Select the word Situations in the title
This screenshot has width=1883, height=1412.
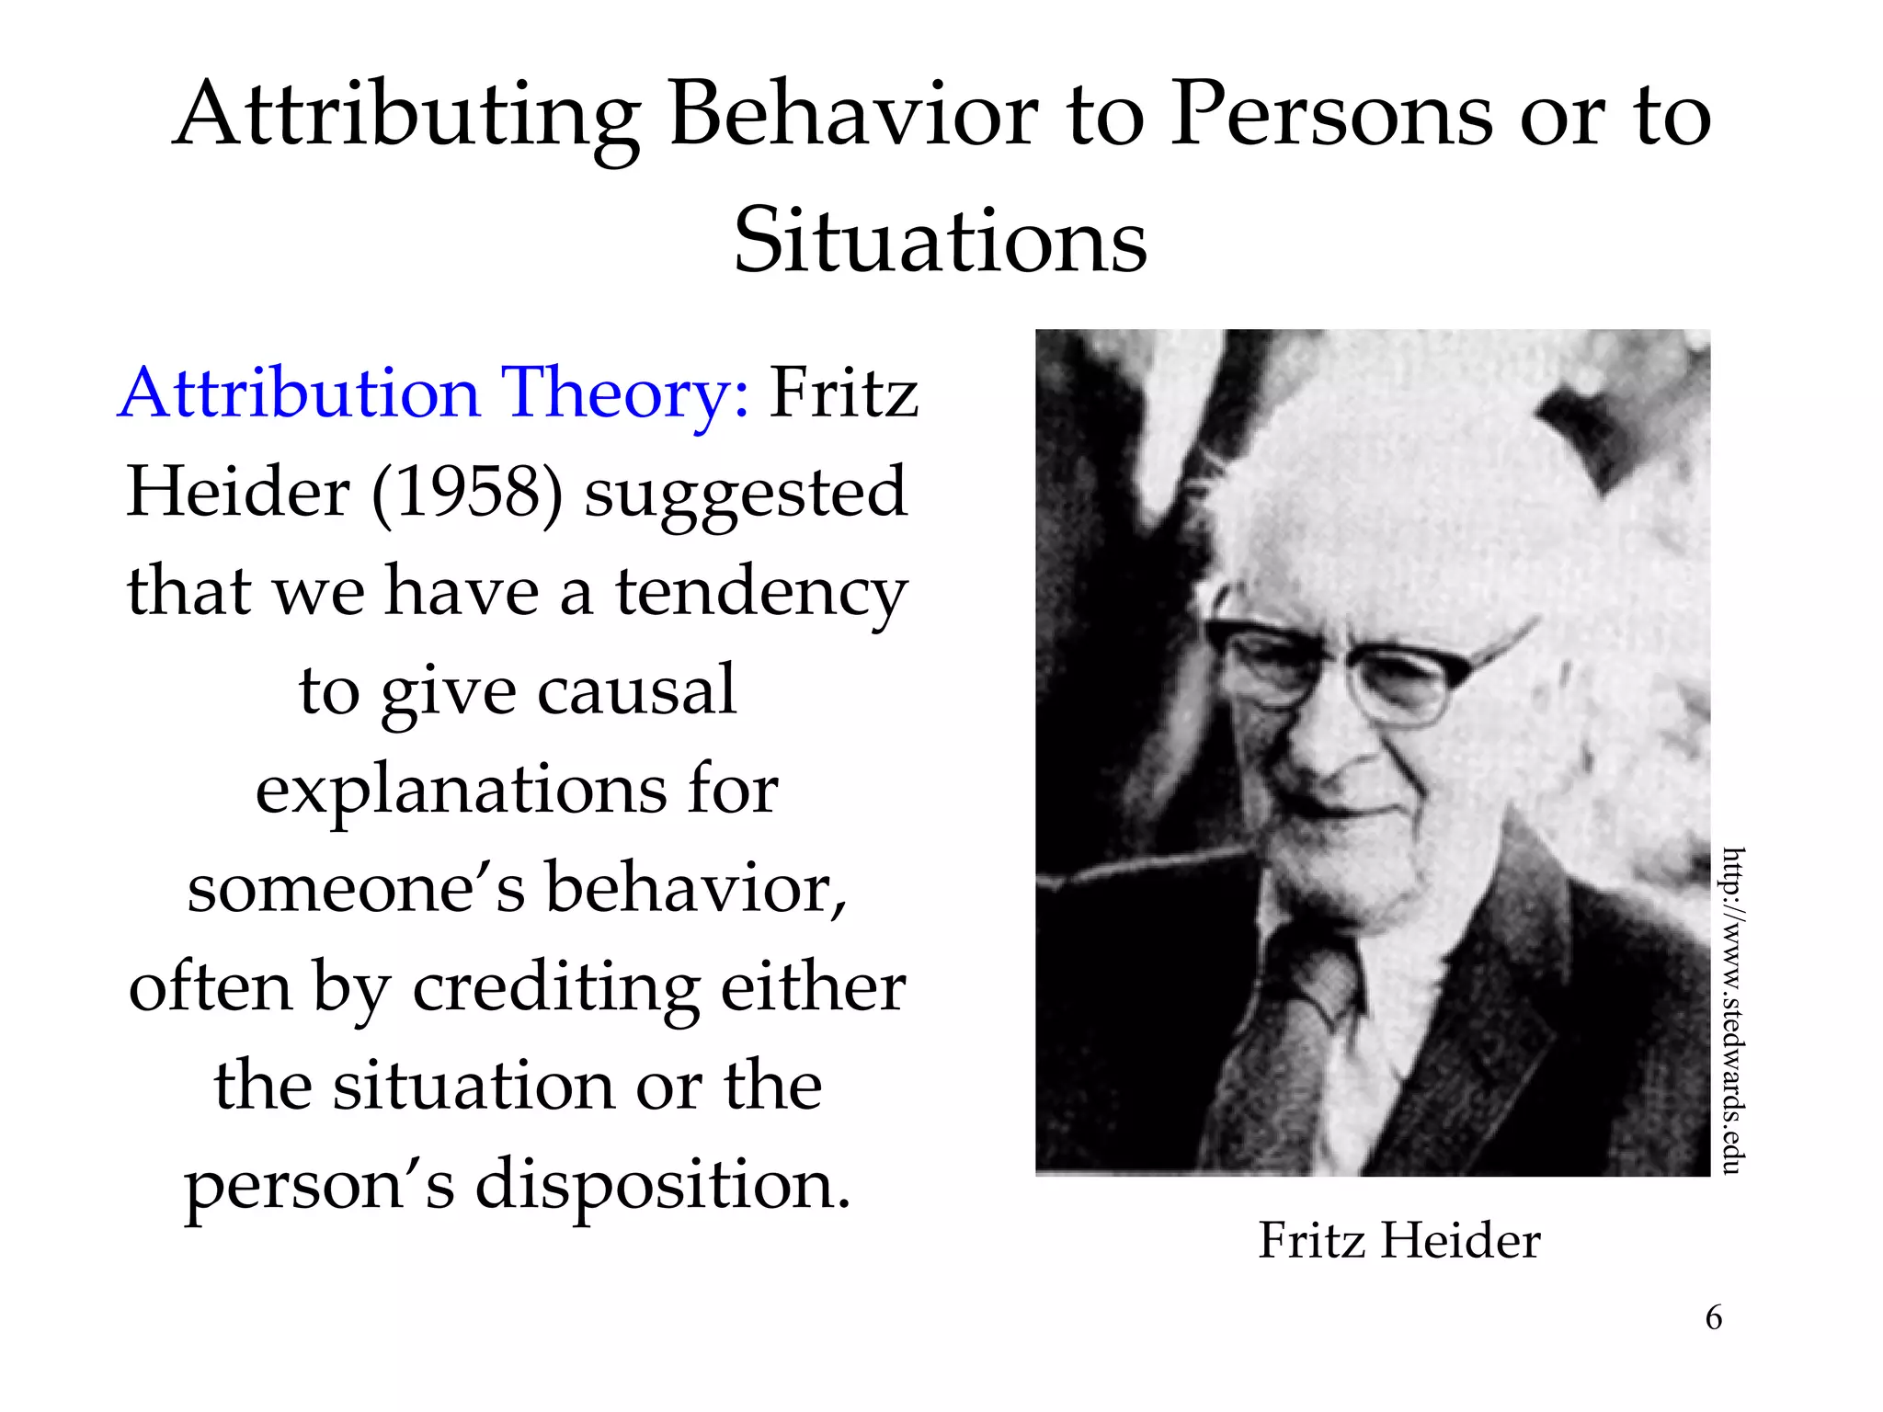[941, 241]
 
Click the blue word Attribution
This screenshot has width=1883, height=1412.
[299, 393]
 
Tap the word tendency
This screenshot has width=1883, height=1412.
[761, 592]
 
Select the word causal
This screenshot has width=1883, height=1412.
[636, 689]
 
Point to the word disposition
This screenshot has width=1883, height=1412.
[662, 1186]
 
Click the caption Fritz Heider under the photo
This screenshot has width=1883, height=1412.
[1398, 1240]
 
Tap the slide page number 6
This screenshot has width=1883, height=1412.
[1714, 1317]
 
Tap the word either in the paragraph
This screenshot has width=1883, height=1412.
[813, 987]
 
